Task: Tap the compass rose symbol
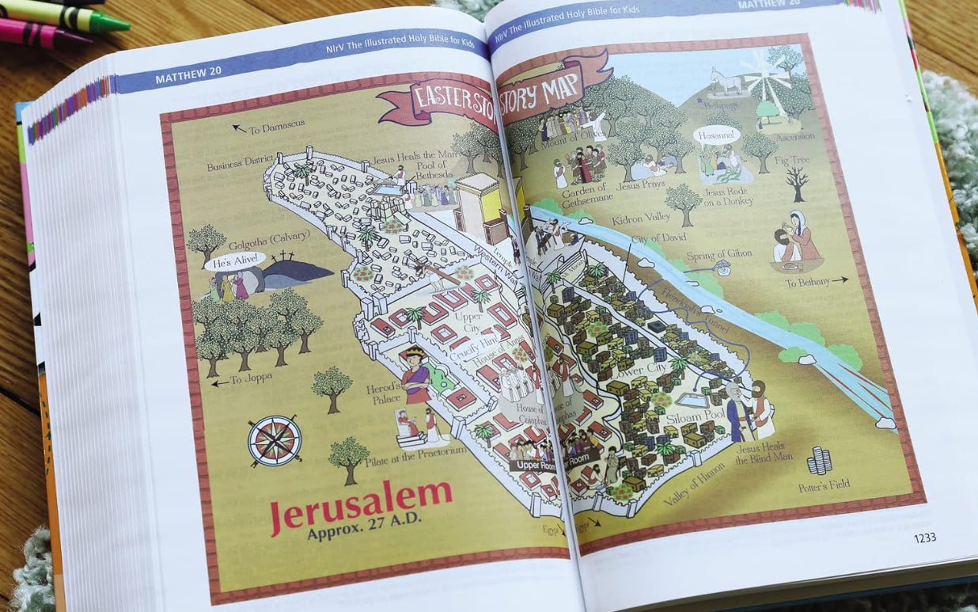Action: [274, 440]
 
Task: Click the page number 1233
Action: [924, 538]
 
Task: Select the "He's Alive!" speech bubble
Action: [235, 261]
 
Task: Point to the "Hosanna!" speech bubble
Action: [716, 135]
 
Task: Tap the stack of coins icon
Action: [819, 459]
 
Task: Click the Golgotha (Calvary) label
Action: [257, 238]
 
